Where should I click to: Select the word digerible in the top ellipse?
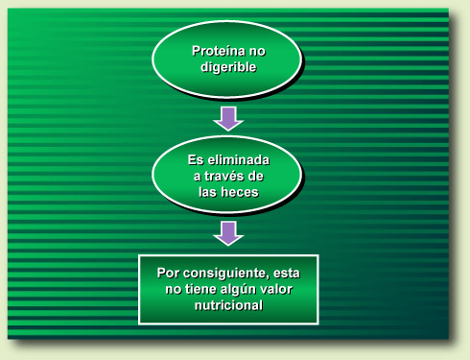coord(227,67)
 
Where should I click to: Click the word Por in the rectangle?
coord(169,273)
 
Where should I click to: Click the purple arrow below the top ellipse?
coord(227,117)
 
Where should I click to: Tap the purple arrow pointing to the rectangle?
coord(227,232)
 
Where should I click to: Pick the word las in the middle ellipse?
coord(207,192)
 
